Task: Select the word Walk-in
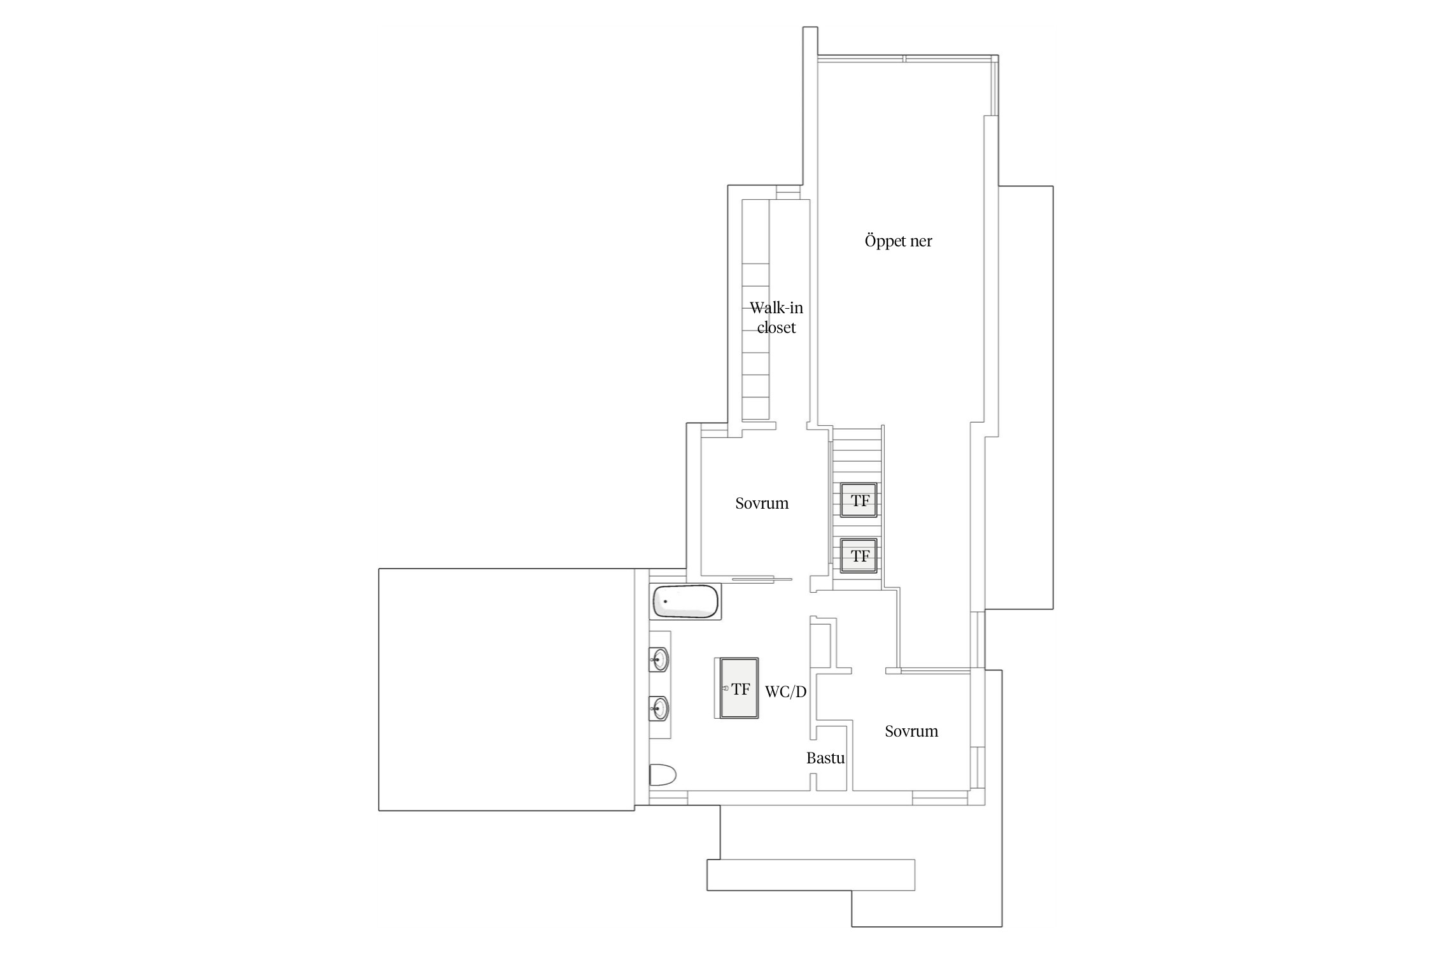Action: click(x=776, y=308)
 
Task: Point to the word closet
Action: click(x=776, y=328)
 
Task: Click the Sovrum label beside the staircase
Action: click(x=762, y=504)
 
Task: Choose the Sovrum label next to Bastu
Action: click(x=911, y=732)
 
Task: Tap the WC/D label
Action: click(x=785, y=692)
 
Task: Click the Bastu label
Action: click(x=825, y=758)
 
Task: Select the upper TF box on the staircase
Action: click(x=859, y=500)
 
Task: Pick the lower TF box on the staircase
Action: click(x=859, y=556)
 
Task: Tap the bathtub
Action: click(x=686, y=602)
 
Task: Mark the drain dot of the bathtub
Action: click(x=666, y=601)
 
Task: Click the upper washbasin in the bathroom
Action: click(x=659, y=660)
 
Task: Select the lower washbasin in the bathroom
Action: click(x=659, y=708)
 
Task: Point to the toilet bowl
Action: click(x=663, y=775)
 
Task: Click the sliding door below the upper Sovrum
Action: click(x=762, y=579)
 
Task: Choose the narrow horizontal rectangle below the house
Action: click(x=811, y=875)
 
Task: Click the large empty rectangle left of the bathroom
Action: click(x=507, y=690)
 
